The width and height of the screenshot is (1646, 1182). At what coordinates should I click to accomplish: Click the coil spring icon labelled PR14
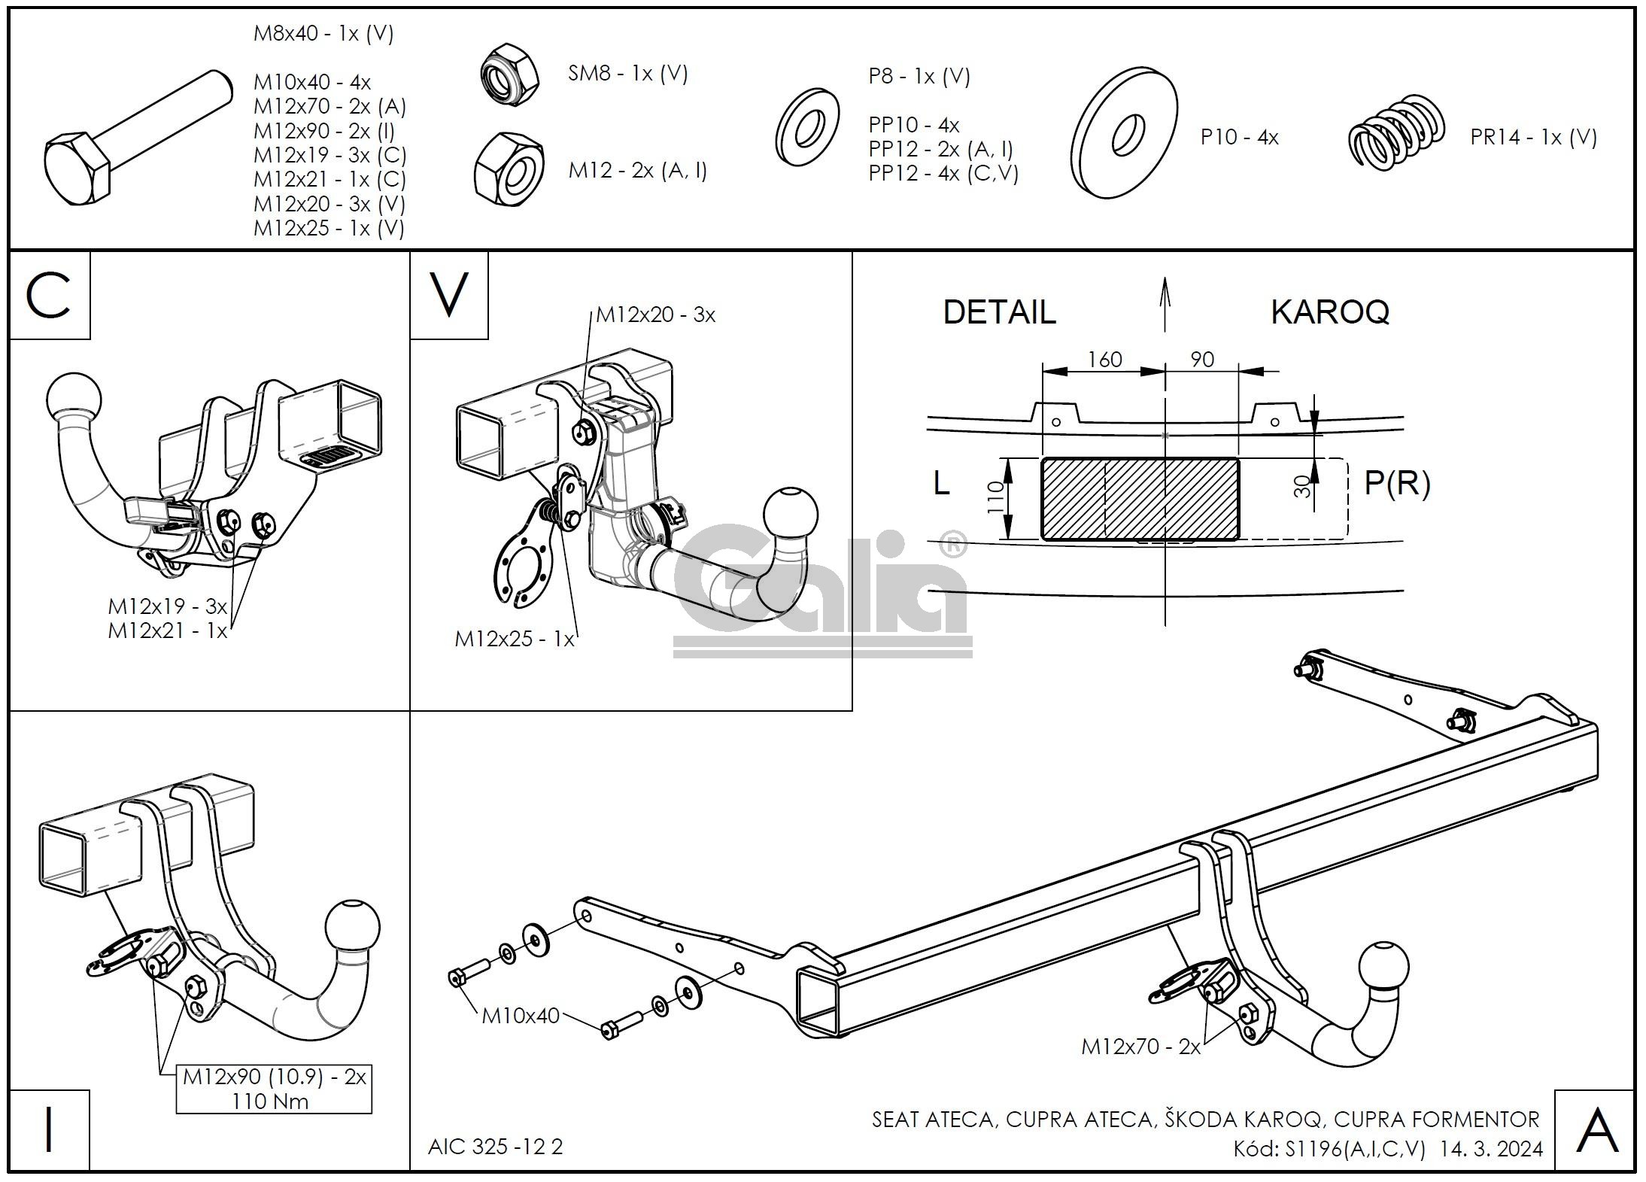(x=1396, y=132)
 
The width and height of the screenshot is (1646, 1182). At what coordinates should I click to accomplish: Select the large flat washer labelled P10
(x=1125, y=133)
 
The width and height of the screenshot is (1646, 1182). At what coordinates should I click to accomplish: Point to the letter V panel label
(x=449, y=296)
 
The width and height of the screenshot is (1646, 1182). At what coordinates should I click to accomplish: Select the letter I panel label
(x=49, y=1130)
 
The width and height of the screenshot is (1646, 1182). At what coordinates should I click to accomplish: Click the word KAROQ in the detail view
(x=1329, y=311)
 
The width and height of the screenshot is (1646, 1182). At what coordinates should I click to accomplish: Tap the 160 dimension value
(x=1104, y=360)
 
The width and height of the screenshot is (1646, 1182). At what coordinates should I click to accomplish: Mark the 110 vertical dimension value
(x=995, y=497)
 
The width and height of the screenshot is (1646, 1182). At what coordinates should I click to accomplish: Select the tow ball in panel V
(x=790, y=515)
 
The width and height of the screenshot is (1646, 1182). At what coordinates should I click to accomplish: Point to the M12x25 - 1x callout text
(x=515, y=639)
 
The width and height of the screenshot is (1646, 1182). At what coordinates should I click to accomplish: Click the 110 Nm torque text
(x=270, y=1101)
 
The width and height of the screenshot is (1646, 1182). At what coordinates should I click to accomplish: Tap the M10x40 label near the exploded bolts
(x=521, y=1016)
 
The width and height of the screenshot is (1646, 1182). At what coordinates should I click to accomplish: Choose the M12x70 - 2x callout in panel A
(x=1140, y=1047)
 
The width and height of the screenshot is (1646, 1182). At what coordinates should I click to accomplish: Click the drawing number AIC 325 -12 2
(x=495, y=1147)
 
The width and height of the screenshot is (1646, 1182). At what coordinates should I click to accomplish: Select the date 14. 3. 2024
(x=1491, y=1149)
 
